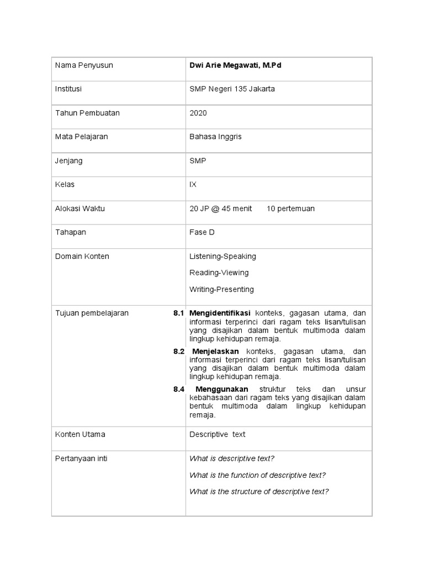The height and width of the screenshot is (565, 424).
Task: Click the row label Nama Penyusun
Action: point(84,66)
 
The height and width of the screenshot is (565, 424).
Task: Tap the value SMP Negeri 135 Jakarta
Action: point(232,89)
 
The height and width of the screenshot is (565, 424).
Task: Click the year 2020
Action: point(198,113)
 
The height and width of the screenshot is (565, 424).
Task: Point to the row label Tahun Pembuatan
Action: point(87,113)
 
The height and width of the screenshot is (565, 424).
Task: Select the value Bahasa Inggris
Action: point(215,137)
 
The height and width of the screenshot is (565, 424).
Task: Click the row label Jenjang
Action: point(69,161)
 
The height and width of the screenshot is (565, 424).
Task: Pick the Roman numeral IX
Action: point(193,184)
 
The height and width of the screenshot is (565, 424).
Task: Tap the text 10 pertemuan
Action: point(290,209)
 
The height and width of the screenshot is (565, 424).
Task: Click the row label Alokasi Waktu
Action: point(80,209)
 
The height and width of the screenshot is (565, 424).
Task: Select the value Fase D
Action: point(202,232)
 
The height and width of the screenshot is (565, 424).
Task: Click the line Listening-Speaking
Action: point(222,257)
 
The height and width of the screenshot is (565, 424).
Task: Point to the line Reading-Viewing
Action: point(219,273)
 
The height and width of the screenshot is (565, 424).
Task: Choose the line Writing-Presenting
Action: point(221,289)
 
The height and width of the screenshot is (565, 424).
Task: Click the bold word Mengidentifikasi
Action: point(220,313)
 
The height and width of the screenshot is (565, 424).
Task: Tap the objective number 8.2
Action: point(178,351)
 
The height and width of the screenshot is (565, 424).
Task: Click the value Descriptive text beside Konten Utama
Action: point(218,435)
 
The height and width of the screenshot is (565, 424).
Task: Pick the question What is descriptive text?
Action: point(232,459)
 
